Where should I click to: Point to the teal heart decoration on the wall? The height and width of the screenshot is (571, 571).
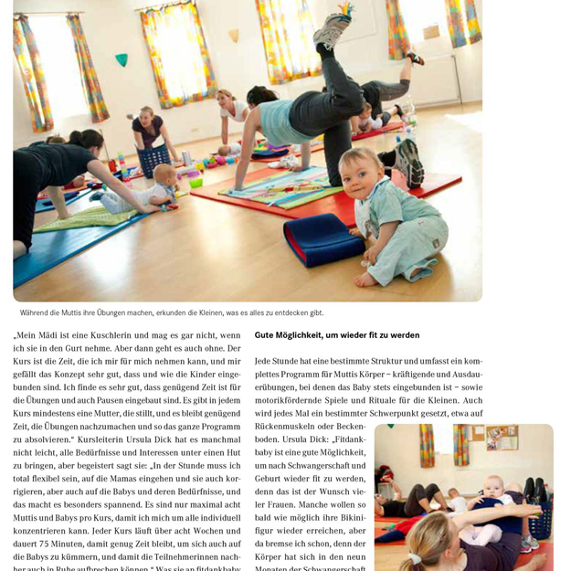point(122,61)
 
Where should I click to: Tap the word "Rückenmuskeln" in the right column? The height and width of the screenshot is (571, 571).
point(285,426)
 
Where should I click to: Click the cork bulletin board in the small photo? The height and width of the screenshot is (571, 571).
point(502,438)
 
